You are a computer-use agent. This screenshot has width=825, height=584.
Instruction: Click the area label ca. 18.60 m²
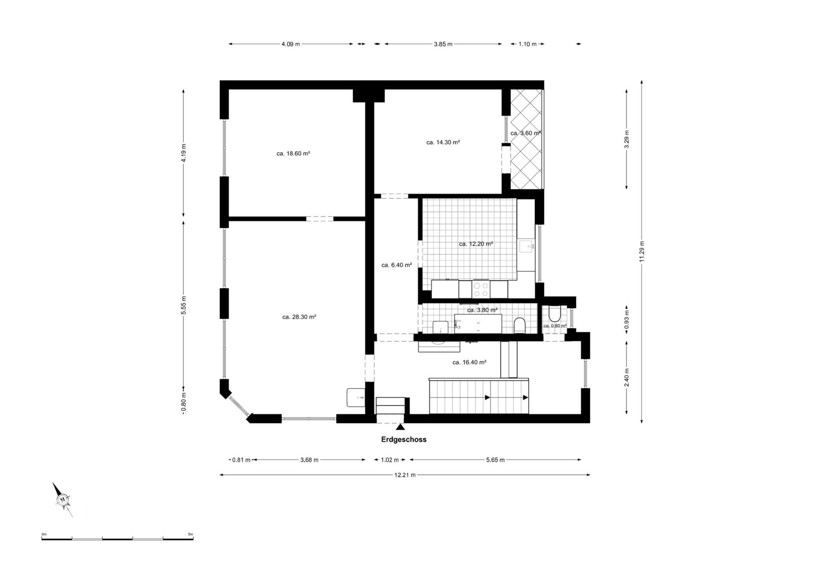click(293, 154)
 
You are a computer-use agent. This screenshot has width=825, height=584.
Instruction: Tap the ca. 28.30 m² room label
click(299, 317)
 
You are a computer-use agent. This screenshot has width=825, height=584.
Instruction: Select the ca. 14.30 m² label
click(443, 142)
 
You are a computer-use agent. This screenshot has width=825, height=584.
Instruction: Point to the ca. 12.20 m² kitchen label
click(476, 244)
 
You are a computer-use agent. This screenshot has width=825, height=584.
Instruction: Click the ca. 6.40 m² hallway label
click(397, 265)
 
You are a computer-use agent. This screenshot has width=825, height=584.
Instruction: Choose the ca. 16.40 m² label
click(469, 363)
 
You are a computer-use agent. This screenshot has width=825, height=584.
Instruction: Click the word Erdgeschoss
click(403, 440)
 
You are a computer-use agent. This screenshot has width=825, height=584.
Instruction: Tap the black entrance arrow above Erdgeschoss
click(400, 427)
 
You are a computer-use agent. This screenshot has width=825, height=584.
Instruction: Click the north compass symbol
click(63, 499)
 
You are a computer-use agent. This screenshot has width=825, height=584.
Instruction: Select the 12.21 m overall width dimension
click(405, 475)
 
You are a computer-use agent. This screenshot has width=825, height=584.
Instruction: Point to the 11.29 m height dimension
click(642, 252)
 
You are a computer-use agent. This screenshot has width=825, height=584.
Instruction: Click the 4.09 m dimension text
click(290, 44)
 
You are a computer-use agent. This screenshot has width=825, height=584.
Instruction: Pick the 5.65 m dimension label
click(495, 460)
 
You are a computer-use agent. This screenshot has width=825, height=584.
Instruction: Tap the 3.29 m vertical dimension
click(626, 139)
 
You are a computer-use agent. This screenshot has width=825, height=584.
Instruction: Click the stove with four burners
click(480, 289)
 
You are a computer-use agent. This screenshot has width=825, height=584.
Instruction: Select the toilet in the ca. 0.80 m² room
click(554, 314)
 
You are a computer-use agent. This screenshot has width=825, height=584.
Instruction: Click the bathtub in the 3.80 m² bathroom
click(478, 323)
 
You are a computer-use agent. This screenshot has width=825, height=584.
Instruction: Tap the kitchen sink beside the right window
click(526, 246)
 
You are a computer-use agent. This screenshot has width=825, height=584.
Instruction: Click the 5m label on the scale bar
click(190, 534)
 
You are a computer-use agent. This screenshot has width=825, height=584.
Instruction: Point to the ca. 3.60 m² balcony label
click(525, 133)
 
